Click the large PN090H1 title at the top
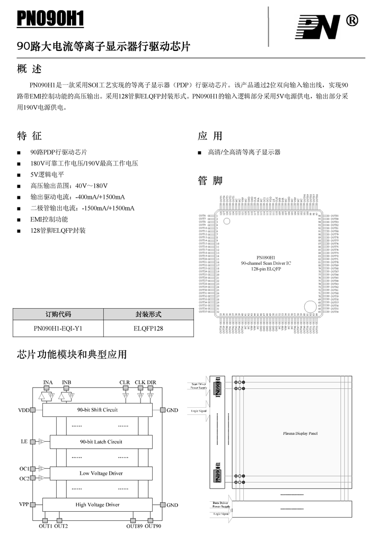click(x=51, y=19)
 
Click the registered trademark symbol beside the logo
click(x=351, y=20)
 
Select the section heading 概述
click(x=29, y=69)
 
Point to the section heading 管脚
click(x=210, y=181)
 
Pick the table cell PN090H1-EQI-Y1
click(x=58, y=328)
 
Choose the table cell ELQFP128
click(x=148, y=328)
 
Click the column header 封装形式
click(x=148, y=314)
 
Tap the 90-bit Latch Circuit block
click(x=101, y=442)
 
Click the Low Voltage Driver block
click(x=101, y=473)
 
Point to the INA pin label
click(x=48, y=382)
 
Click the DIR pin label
click(x=152, y=382)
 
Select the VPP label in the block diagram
click(x=23, y=505)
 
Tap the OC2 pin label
click(x=24, y=479)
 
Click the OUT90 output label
click(x=153, y=526)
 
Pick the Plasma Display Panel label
click(x=300, y=433)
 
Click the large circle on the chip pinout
click(x=309, y=306)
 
